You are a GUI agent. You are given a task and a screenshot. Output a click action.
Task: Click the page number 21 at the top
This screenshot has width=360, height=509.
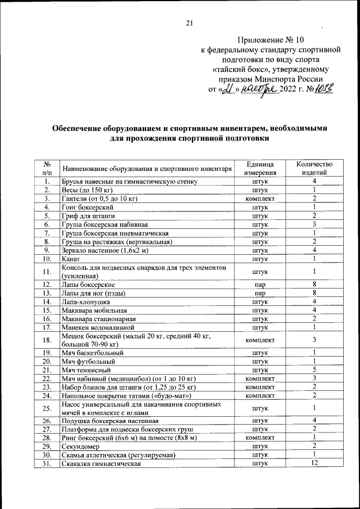pyautogui.click(x=189, y=23)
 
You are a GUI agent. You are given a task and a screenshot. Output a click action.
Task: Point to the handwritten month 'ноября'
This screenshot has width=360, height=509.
pyautogui.click(x=258, y=89)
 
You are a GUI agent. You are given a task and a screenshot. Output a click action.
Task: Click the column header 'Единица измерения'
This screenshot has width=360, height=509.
pyautogui.click(x=260, y=168)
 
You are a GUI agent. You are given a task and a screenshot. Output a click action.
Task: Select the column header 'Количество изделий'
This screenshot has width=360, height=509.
pyautogui.click(x=314, y=168)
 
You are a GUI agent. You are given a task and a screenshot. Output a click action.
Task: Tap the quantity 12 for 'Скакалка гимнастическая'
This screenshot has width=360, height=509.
pyautogui.click(x=314, y=463)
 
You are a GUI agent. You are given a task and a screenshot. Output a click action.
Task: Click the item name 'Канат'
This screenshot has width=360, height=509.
pyautogui.click(x=70, y=259)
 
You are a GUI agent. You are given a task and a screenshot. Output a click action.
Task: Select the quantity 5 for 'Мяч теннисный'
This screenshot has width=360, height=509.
pyautogui.click(x=314, y=370)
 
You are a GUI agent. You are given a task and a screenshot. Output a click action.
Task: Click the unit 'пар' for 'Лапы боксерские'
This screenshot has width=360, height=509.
pyautogui.click(x=260, y=285)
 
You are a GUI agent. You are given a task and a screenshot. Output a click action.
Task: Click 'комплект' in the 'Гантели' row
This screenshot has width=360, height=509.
pyautogui.click(x=260, y=199)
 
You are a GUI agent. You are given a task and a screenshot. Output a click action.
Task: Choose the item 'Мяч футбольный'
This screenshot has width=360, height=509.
pyautogui.click(x=88, y=361)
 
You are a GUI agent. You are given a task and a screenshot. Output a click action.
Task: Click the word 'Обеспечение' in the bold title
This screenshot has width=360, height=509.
pyautogui.click(x=80, y=128)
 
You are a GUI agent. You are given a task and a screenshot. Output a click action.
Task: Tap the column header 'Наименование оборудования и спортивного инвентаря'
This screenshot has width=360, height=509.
pyautogui.click(x=147, y=168)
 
